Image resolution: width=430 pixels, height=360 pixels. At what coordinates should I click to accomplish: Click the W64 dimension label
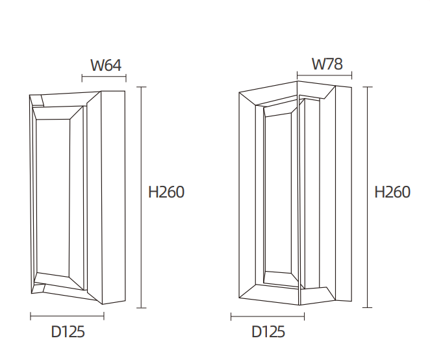[106, 65]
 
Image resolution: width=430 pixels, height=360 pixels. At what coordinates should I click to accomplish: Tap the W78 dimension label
[327, 64]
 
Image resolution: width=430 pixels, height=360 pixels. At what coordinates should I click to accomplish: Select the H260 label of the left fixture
[166, 192]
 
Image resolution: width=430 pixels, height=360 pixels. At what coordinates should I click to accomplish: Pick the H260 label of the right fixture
[393, 192]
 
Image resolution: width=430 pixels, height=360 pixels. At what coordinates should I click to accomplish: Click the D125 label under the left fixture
[68, 332]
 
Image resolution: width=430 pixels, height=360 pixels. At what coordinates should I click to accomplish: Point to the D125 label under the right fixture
[268, 332]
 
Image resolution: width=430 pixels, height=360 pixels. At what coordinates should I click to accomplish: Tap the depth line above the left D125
[68, 316]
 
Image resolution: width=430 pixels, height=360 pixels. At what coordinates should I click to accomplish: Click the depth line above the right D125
[268, 316]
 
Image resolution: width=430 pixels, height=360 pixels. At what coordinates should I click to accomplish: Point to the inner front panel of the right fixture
[277, 195]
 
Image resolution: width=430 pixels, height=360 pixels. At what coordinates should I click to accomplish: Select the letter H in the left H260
[154, 192]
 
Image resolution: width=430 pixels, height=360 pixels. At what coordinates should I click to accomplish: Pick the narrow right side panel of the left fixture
[112, 195]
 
